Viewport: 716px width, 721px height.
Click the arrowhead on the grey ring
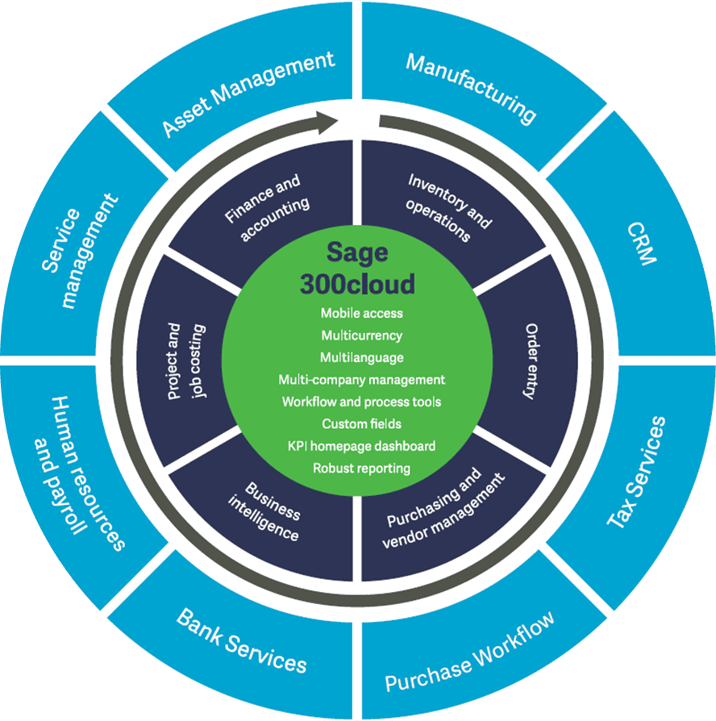click(327, 122)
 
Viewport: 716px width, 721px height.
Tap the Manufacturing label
click(471, 88)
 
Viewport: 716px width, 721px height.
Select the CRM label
click(642, 244)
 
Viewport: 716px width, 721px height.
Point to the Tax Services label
click(636, 472)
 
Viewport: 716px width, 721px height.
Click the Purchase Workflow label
click(470, 652)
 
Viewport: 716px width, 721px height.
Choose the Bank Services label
click(241, 641)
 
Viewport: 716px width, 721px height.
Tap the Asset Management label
click(248, 94)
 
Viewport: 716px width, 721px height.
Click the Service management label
click(80, 251)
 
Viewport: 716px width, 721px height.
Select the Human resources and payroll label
click(79, 473)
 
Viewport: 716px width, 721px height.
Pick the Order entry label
click(531, 361)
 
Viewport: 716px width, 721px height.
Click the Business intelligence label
click(264, 511)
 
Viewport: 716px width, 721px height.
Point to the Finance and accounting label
click(267, 207)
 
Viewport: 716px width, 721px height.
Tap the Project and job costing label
click(186, 361)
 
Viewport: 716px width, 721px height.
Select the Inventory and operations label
click(449, 207)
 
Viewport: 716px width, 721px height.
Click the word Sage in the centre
click(357, 253)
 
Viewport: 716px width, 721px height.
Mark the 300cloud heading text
click(357, 284)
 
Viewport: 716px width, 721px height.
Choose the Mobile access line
click(361, 313)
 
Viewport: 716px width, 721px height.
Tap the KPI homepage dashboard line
click(361, 446)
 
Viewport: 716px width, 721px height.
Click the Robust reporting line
click(361, 468)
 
